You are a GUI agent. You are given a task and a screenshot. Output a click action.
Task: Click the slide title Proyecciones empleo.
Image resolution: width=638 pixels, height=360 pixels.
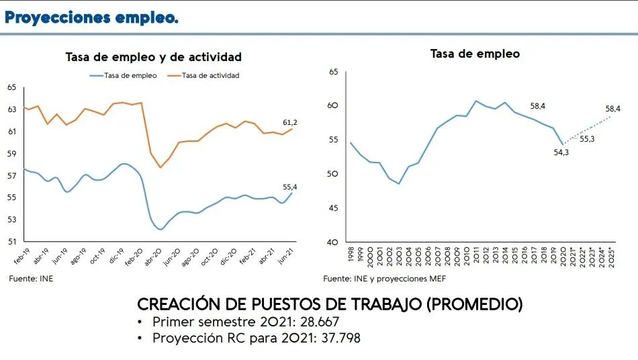91,18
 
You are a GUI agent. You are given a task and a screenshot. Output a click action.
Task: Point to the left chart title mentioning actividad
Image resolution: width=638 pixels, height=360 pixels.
153,58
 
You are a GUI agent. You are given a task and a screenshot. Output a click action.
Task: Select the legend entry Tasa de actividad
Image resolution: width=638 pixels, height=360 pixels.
210,75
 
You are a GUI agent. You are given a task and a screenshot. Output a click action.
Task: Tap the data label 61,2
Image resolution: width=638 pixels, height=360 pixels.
290,122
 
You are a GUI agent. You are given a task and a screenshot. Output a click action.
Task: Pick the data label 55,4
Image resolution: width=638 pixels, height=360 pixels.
290,186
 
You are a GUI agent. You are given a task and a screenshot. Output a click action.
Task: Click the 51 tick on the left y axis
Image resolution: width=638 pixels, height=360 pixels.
11,241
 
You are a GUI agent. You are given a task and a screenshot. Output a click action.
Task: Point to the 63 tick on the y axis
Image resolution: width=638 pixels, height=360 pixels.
11,109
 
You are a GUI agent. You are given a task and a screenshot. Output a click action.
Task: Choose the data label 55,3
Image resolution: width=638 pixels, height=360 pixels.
587,139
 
